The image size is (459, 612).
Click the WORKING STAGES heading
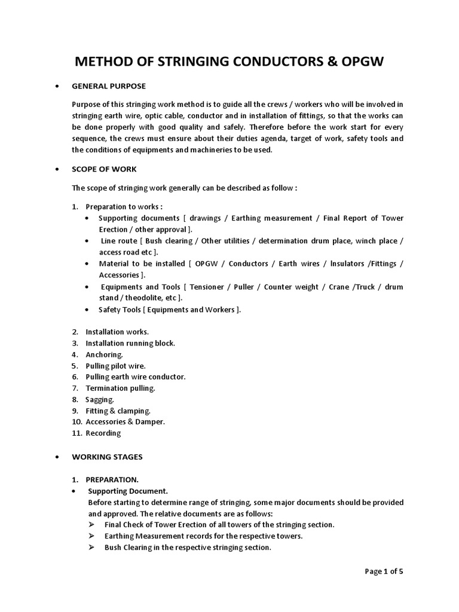coord(108,457)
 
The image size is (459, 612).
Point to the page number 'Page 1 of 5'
coord(384,571)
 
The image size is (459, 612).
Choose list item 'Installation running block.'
coord(130,343)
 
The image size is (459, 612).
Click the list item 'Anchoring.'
coord(104,354)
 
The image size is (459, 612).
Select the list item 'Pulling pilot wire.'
coord(115,366)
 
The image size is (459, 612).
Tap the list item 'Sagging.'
coord(99,399)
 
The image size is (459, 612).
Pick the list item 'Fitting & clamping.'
coord(118,411)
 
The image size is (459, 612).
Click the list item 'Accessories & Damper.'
coord(125,422)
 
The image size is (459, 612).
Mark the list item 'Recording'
coord(103,433)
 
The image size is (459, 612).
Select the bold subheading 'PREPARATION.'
coord(112,479)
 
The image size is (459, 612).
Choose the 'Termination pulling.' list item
coord(120,388)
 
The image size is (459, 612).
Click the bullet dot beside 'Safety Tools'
coord(87,310)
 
